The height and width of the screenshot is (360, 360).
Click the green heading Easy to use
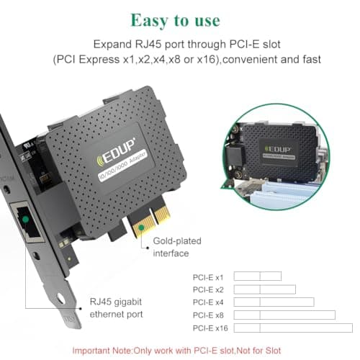[179, 17]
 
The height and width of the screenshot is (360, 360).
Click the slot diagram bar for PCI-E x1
[258, 276]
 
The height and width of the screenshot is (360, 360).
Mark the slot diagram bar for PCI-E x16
[294, 328]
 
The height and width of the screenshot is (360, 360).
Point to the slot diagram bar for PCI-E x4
[274, 302]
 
